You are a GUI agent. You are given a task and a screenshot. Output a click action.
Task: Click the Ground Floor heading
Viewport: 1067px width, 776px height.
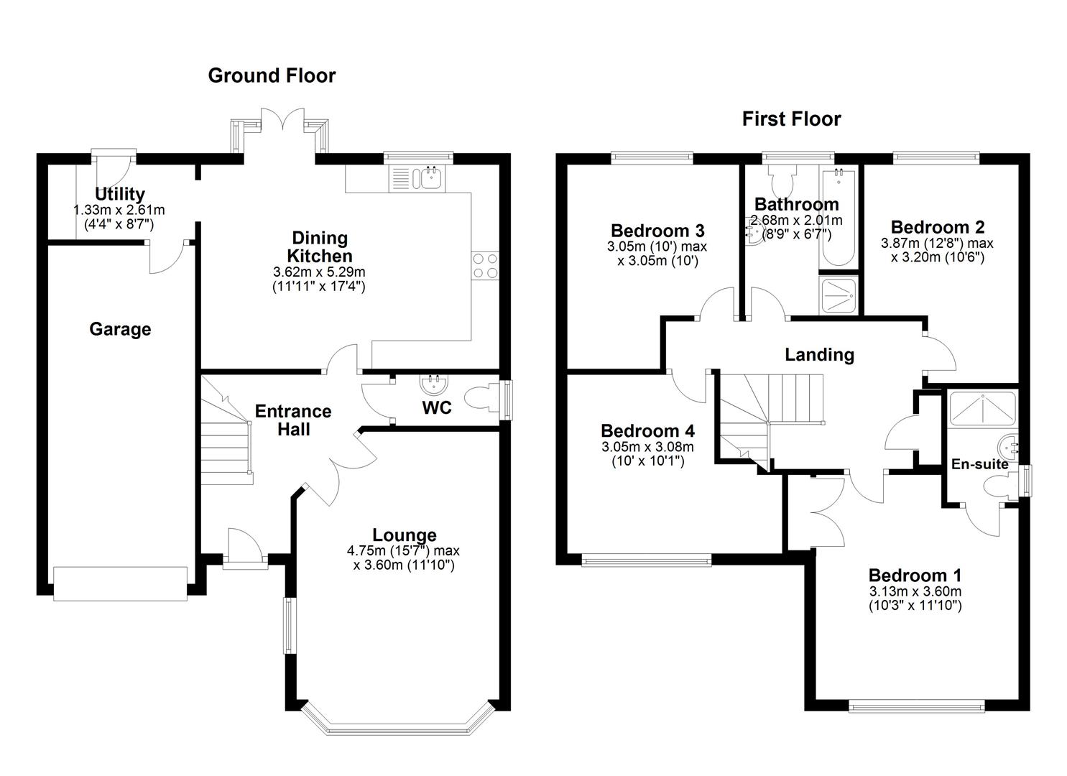click(x=272, y=75)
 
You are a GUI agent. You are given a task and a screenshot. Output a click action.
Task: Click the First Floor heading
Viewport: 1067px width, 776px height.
click(x=791, y=119)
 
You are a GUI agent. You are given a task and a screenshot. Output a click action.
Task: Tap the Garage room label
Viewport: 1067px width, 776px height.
click(x=120, y=329)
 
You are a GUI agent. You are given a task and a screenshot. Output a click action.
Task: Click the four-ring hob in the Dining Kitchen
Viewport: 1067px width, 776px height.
click(x=485, y=266)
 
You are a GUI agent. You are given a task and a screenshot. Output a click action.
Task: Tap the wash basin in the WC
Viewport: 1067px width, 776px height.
click(x=433, y=384)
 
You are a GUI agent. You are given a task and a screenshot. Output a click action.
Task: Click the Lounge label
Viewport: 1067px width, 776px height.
click(x=404, y=535)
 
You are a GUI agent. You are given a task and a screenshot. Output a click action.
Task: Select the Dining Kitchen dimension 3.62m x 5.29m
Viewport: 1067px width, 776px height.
click(x=319, y=272)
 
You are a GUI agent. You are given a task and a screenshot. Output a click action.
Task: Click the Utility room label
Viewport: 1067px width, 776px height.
click(x=120, y=194)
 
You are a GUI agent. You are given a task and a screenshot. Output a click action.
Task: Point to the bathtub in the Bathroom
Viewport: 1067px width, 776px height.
click(x=837, y=219)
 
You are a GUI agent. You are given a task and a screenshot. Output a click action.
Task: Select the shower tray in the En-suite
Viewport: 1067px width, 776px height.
click(x=982, y=408)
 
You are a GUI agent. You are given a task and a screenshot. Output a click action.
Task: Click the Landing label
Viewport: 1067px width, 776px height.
click(x=819, y=354)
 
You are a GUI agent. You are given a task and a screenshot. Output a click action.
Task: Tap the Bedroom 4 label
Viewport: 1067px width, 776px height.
click(x=647, y=431)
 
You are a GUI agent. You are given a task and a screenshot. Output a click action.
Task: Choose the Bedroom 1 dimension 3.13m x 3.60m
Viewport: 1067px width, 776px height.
click(x=915, y=591)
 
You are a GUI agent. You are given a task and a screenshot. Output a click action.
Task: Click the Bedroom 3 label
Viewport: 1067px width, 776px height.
click(x=657, y=231)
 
